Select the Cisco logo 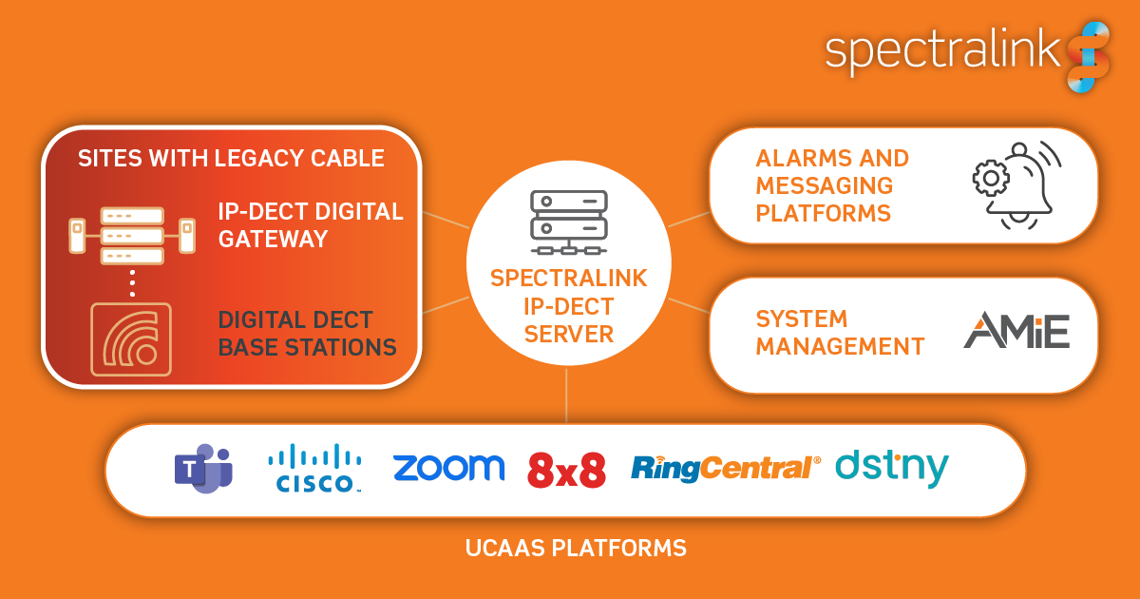point(314,469)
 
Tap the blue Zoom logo point(448,468)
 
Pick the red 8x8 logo point(566,470)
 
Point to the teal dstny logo point(891,468)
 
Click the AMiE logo point(1016,330)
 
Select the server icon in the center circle point(568,222)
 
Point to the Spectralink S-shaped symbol point(1087,57)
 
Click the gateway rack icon point(132,236)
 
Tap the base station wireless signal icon point(131,338)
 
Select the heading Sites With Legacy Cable point(231,158)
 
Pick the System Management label point(840,333)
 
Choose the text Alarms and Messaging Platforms point(832,185)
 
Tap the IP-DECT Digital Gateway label point(311,225)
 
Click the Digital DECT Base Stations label point(307,334)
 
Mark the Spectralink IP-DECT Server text point(568,306)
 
